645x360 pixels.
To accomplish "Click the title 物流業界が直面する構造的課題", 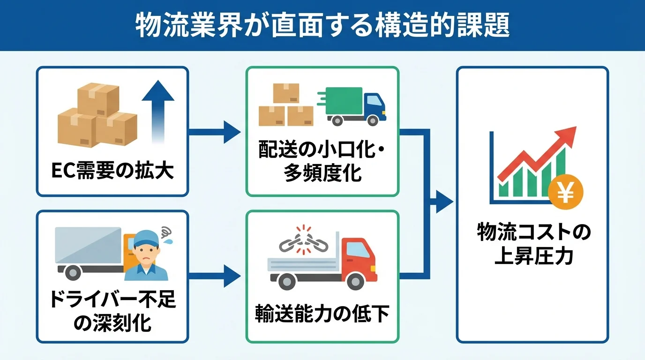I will tap(322, 26).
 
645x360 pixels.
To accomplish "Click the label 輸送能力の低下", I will tap(322, 315).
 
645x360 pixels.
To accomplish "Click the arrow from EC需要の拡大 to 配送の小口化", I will tap(216, 132).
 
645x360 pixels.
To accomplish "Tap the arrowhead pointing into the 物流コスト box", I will tap(444, 202).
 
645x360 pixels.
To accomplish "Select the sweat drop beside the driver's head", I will tap(168, 240).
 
